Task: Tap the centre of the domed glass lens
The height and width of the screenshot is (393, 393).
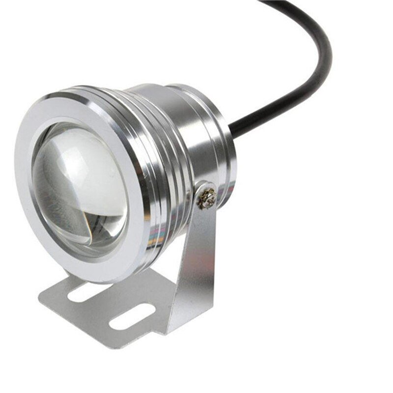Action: click(x=81, y=184)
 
